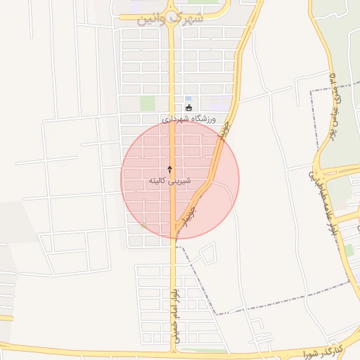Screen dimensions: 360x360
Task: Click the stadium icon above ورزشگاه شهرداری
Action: (188, 108)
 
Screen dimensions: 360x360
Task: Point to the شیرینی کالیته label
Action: (170, 181)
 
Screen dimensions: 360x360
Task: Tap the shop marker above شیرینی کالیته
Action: (170, 169)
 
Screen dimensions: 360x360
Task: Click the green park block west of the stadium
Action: (147, 103)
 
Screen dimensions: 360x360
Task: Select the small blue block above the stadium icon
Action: (188, 98)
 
